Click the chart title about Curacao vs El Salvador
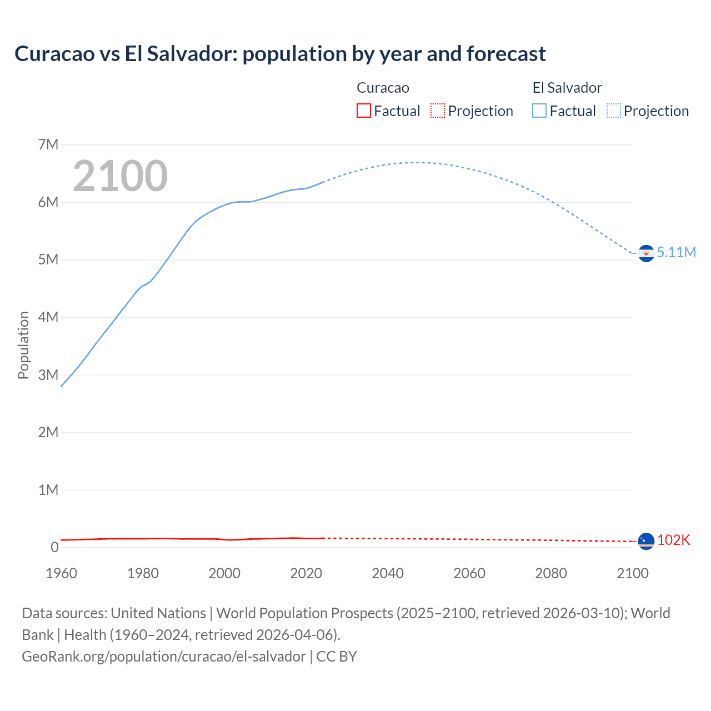[280, 54]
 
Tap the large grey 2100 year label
[120, 176]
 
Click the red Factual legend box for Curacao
[363, 111]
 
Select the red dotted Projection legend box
[438, 111]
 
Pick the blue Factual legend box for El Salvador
[539, 111]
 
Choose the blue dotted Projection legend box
[613, 111]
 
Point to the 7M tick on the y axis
[48, 145]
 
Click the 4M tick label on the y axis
[48, 317]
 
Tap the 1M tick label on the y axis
[48, 490]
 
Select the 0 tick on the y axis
[54, 547]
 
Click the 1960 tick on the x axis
[61, 573]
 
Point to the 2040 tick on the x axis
[388, 573]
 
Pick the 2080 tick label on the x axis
[551, 573]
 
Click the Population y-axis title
[23, 345]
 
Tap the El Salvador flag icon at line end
[646, 253]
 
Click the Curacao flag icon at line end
[646, 540]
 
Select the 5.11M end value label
[676, 252]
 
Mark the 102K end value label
[673, 540]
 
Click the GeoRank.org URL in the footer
[164, 657]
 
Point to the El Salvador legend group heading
[567, 88]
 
